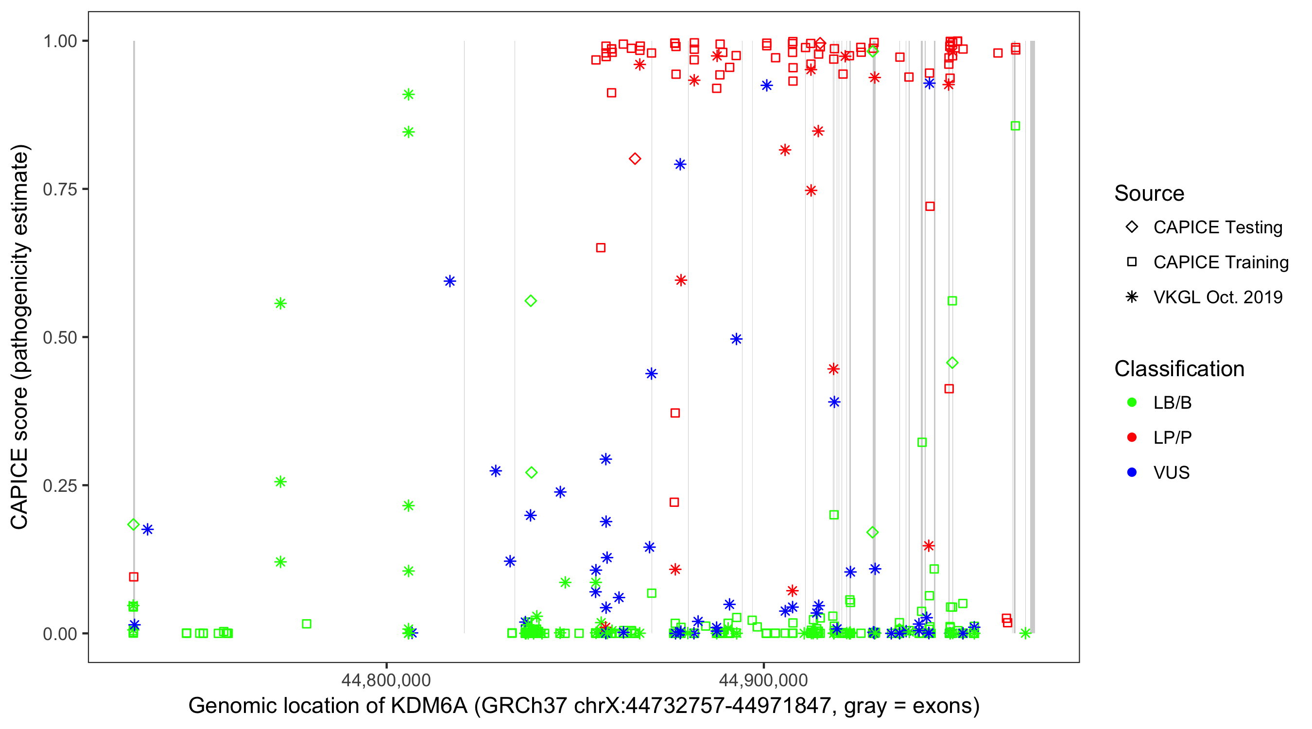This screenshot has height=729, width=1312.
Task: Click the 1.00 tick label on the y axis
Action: (x=60, y=41)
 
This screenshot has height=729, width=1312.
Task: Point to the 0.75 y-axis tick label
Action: (x=60, y=190)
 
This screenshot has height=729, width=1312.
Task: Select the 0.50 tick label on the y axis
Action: (x=60, y=338)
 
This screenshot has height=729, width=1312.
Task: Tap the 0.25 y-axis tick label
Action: (x=60, y=486)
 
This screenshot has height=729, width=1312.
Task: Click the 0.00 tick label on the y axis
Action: (x=60, y=634)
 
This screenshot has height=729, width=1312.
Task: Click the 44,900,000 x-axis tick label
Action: (x=763, y=680)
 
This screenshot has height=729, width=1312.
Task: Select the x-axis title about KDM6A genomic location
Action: (x=584, y=706)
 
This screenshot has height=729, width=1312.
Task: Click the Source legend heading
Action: (x=1149, y=193)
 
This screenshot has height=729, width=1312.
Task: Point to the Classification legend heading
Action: (x=1179, y=369)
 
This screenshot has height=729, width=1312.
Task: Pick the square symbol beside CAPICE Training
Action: (x=1132, y=262)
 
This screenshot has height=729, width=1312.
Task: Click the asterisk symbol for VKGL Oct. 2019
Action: (x=1132, y=297)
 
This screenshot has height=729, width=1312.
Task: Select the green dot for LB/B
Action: (x=1132, y=402)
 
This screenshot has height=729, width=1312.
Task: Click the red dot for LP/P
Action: (x=1132, y=437)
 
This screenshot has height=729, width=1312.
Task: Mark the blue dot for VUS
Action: (x=1132, y=473)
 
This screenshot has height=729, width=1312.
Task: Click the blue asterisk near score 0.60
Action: (x=449, y=281)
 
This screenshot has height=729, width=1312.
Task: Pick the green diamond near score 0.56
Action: (x=531, y=301)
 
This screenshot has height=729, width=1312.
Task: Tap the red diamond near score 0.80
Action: (x=635, y=159)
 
